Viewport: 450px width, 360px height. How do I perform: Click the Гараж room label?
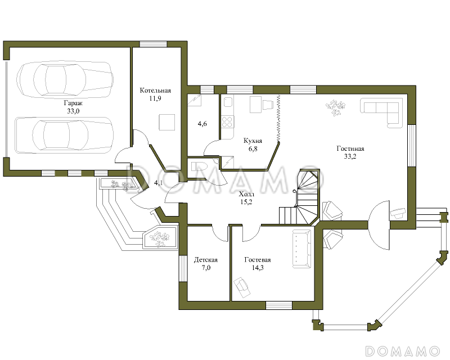coord(73,103)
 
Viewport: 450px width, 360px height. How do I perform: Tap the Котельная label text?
coord(155,91)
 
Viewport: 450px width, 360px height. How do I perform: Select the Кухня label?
coord(253,141)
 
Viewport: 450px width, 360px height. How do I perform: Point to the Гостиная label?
coord(350,148)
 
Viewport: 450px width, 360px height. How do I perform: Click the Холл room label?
coord(246,195)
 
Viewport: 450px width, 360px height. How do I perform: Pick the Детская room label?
coord(206,260)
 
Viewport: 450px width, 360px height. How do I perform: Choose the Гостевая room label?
coord(258,260)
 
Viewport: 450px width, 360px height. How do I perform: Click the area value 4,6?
coord(202,124)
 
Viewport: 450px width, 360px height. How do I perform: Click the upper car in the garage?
coord(65,78)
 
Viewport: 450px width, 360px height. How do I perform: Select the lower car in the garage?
coord(64,135)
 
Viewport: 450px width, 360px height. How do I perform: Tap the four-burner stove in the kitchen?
coord(228,121)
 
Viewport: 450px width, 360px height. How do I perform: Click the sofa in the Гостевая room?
coord(301,249)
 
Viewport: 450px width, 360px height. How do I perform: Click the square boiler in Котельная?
coord(167,122)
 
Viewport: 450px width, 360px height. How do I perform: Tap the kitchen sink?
coord(228,102)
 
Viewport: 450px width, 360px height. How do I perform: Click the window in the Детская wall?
coord(183,268)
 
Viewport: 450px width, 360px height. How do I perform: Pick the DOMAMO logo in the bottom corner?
coord(402,351)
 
